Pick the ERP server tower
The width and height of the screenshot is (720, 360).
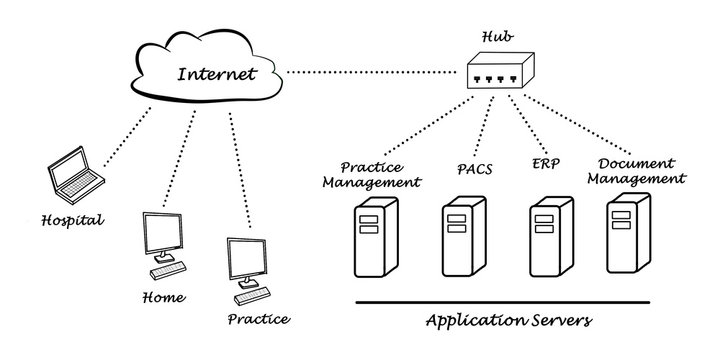pyautogui.click(x=548, y=236)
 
